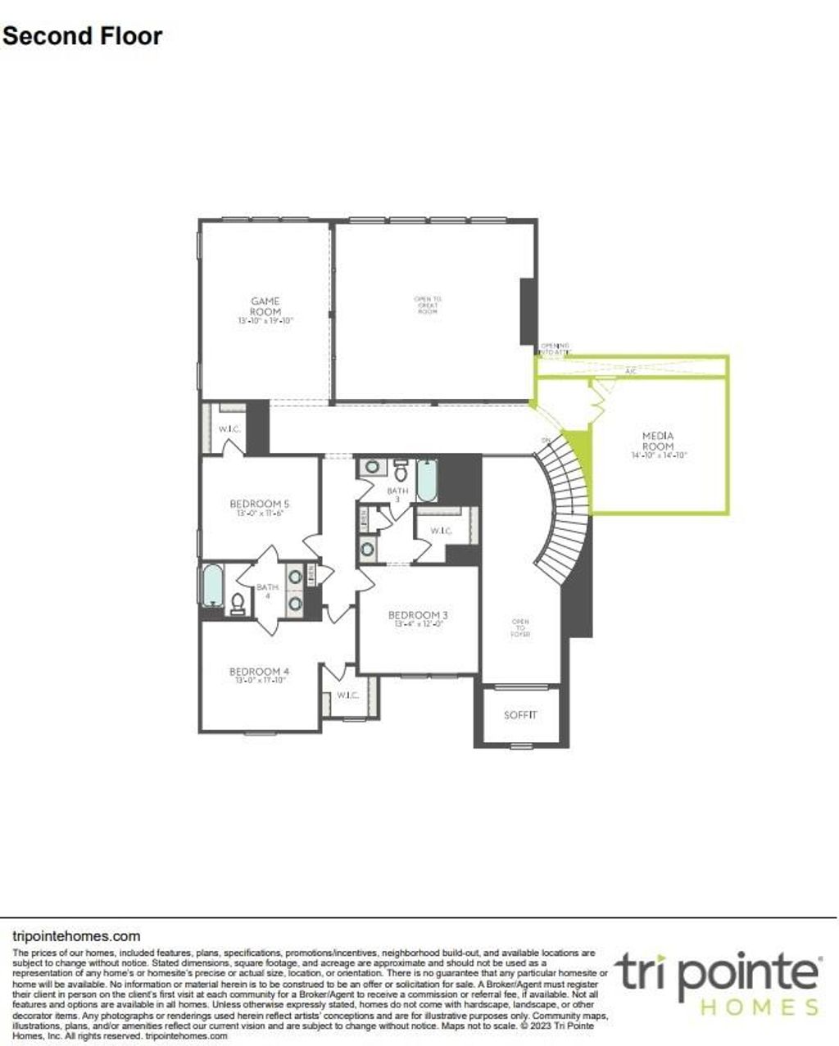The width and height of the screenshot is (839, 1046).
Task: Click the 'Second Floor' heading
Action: (x=82, y=36)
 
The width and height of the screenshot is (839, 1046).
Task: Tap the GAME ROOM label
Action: (x=265, y=307)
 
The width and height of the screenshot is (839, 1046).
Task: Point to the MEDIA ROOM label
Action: (x=658, y=441)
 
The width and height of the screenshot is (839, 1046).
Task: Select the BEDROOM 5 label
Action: (x=259, y=504)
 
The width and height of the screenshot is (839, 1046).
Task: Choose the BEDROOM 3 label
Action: (x=419, y=615)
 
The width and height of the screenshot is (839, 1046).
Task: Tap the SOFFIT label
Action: (x=520, y=715)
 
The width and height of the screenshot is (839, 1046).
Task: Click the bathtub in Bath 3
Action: (x=427, y=481)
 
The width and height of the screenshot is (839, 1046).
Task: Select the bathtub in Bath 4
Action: (x=213, y=585)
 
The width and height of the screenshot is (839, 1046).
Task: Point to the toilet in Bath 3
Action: (x=401, y=473)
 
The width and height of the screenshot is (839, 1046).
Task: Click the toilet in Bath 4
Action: (x=238, y=604)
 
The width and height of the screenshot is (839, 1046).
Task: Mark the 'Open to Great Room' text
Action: (x=428, y=306)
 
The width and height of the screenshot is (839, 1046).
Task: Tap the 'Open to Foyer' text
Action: (x=520, y=627)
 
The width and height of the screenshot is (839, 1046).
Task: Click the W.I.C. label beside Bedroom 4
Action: (x=347, y=695)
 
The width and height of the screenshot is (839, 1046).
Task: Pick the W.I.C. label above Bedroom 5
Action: (x=228, y=429)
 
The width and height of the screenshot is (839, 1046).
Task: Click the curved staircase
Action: (x=565, y=508)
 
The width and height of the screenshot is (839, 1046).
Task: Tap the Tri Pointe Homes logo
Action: (x=718, y=983)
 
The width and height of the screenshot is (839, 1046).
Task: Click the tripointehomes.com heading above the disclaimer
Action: (x=77, y=935)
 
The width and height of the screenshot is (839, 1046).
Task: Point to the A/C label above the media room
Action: (x=630, y=371)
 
